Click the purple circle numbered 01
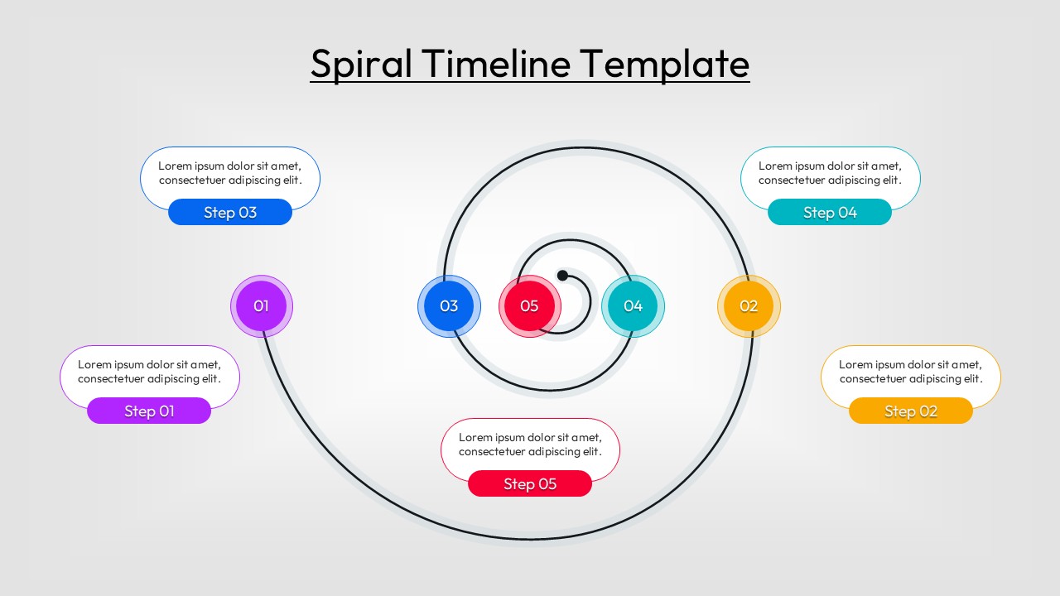tap(261, 306)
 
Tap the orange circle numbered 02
tap(749, 306)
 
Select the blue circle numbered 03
tap(449, 306)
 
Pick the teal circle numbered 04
tap(633, 306)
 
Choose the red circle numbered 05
tap(529, 306)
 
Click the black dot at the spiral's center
tap(562, 275)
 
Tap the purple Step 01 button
tap(149, 411)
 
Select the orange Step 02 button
tap(911, 411)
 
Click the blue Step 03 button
tap(230, 212)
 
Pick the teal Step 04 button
tap(830, 212)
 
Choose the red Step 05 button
tap(530, 483)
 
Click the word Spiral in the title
tap(361, 64)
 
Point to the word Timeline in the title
tap(495, 63)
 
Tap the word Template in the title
tap(664, 64)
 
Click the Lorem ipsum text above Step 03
tap(230, 173)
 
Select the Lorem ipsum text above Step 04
tap(830, 173)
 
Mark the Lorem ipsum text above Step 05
tap(530, 445)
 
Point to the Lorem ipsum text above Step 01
tap(149, 372)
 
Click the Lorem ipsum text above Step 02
tap(911, 372)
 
